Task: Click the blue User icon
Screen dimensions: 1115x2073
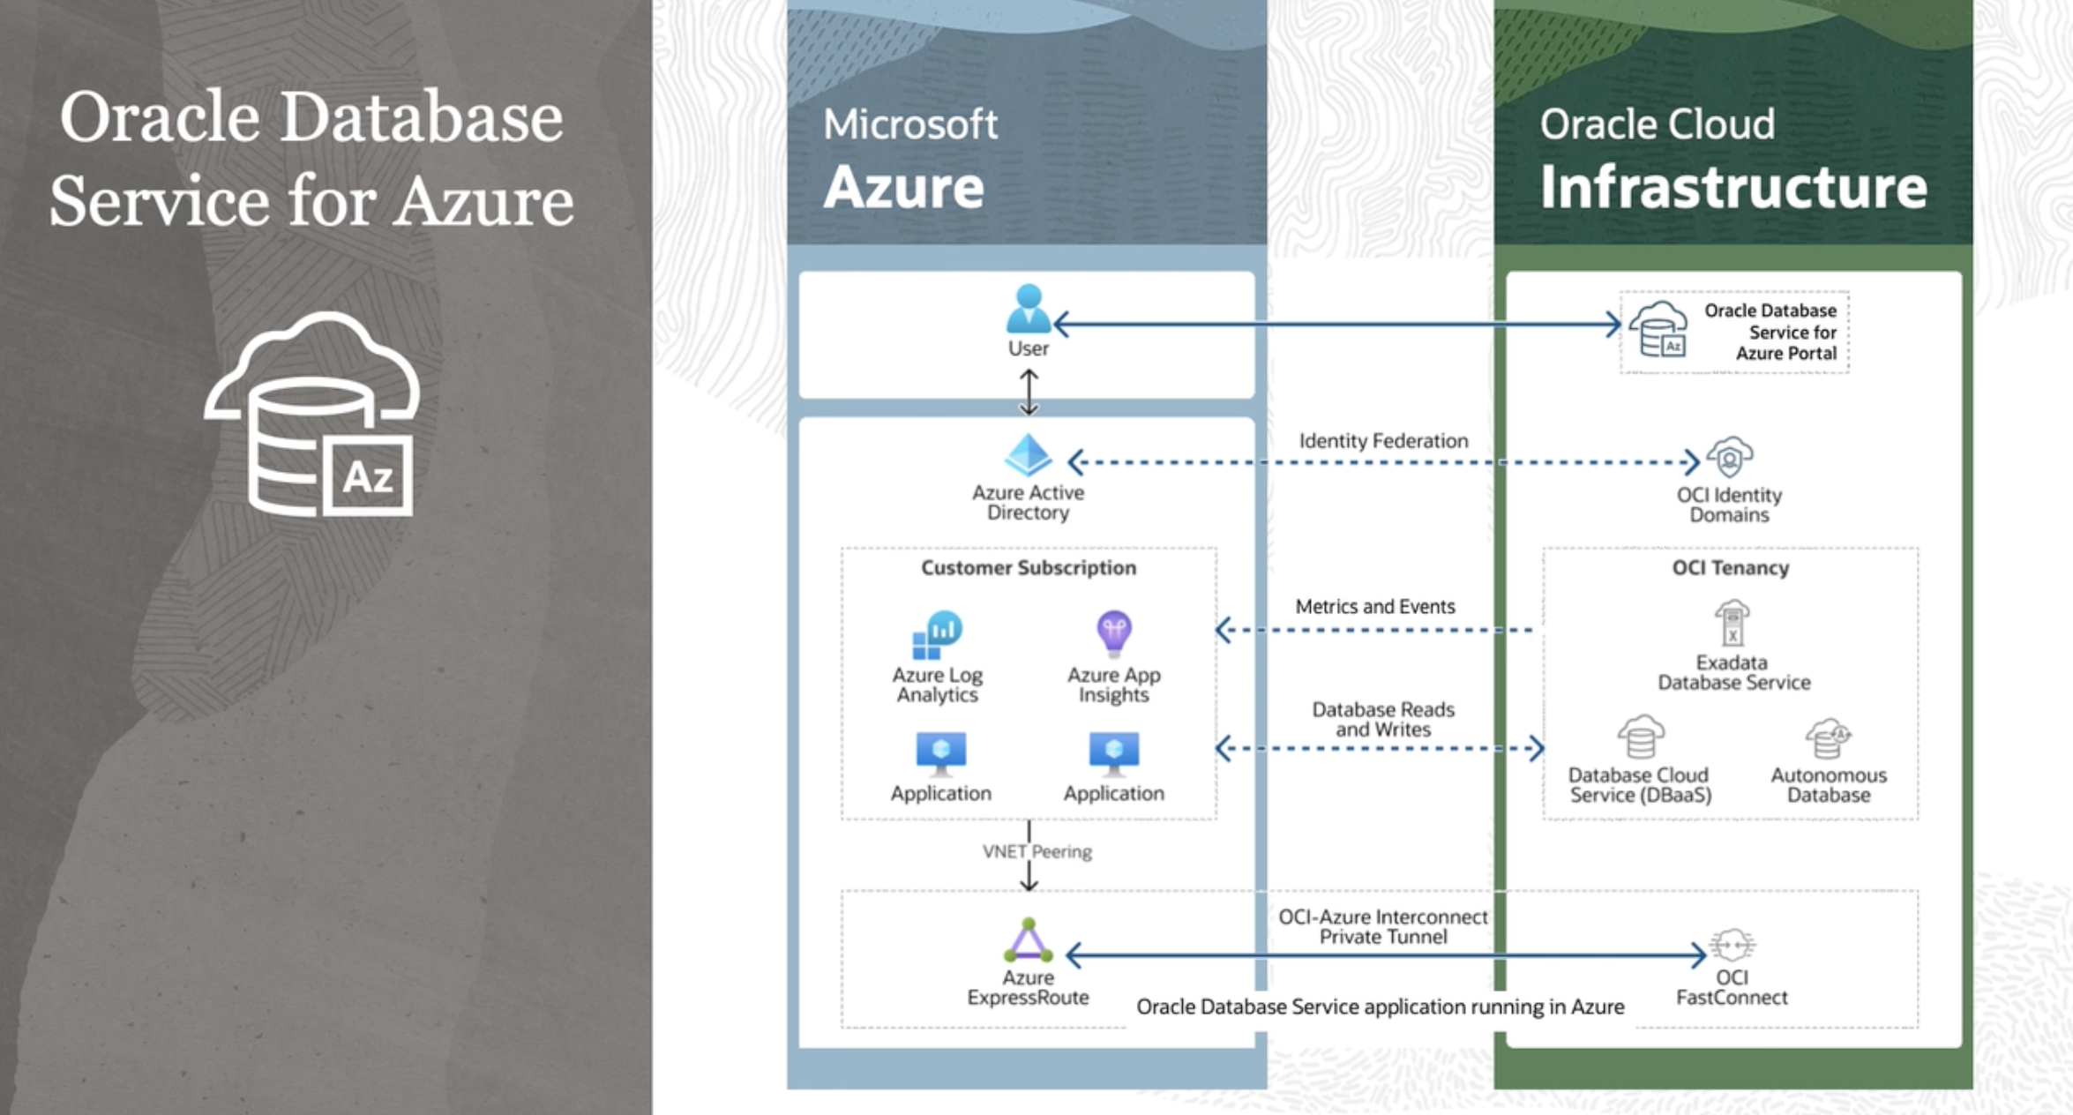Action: pos(1029,309)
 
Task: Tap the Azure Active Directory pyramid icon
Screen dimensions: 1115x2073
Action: pos(1029,455)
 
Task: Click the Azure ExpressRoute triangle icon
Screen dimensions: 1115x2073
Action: pos(1029,941)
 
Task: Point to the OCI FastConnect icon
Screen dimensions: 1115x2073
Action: pos(1732,945)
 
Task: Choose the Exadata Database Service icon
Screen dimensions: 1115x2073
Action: pos(1732,624)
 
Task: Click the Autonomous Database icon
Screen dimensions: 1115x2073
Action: pos(1828,738)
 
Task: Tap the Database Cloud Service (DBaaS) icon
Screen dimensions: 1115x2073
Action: pos(1641,737)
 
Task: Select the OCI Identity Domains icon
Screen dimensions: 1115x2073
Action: pos(1729,458)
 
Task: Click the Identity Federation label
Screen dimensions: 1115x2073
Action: pos(1383,441)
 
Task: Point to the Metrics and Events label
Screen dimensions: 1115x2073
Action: pos(1374,607)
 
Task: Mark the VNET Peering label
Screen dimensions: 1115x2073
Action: pos(1037,852)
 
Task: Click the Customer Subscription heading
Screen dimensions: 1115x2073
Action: pos(1029,568)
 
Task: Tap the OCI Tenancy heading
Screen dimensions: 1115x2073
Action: pos(1731,568)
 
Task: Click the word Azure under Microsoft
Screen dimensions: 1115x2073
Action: pos(903,188)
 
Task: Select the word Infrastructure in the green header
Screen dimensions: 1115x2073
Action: pos(1733,188)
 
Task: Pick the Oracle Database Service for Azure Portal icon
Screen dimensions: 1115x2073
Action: pos(1658,330)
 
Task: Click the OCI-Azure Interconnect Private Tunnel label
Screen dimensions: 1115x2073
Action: pos(1383,927)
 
